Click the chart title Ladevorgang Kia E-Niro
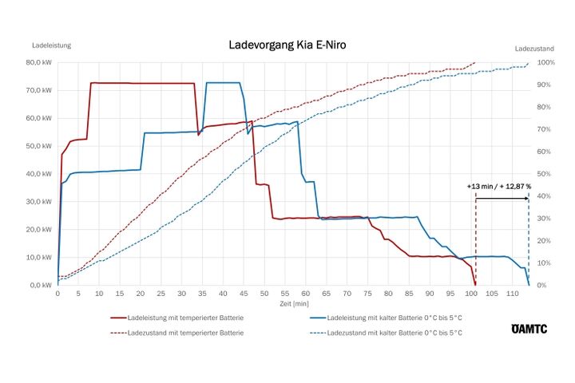click(287, 45)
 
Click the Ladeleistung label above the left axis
click(51, 45)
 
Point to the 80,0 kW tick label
click(40, 62)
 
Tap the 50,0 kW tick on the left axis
click(40, 146)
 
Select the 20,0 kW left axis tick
click(40, 230)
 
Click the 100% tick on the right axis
click(546, 62)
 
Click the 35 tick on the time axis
click(202, 294)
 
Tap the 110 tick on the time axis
click(512, 294)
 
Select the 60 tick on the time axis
click(305, 294)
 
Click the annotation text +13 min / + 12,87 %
click(499, 186)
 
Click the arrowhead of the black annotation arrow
click(525, 198)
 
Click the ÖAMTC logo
click(525, 329)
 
